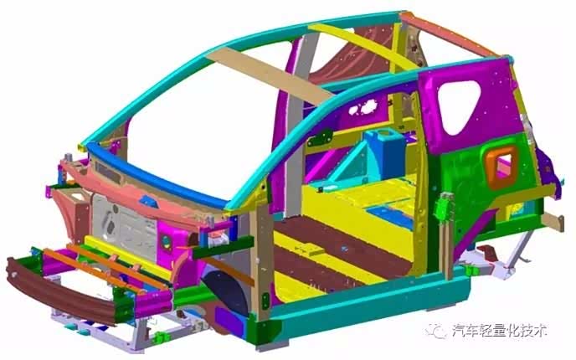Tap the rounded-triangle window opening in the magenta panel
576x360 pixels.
459,105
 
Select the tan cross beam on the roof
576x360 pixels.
270,75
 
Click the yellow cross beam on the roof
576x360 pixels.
363,46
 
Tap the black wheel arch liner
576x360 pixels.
226,291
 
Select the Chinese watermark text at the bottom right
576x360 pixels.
500,331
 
